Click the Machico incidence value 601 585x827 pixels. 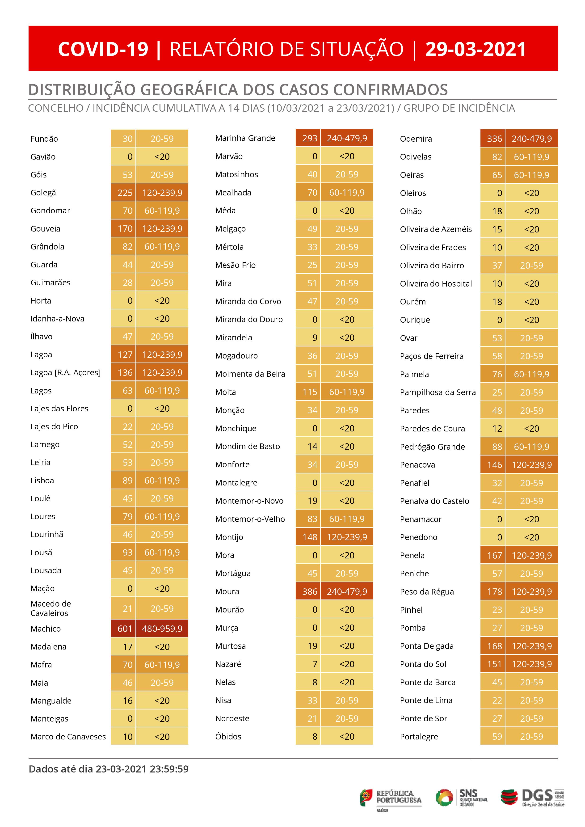[x=124, y=629]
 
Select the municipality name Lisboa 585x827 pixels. [x=42, y=481]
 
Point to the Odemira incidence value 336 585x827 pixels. [x=494, y=139]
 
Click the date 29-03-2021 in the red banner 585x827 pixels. [x=476, y=49]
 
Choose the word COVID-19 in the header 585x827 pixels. [x=103, y=49]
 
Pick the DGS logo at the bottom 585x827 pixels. [x=532, y=798]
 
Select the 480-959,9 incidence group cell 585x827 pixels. [x=162, y=629]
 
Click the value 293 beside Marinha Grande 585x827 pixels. [x=309, y=138]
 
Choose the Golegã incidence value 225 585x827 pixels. [x=125, y=193]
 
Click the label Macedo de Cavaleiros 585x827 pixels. [x=51, y=608]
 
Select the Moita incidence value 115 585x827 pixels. [x=309, y=392]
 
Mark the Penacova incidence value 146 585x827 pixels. [x=494, y=465]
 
